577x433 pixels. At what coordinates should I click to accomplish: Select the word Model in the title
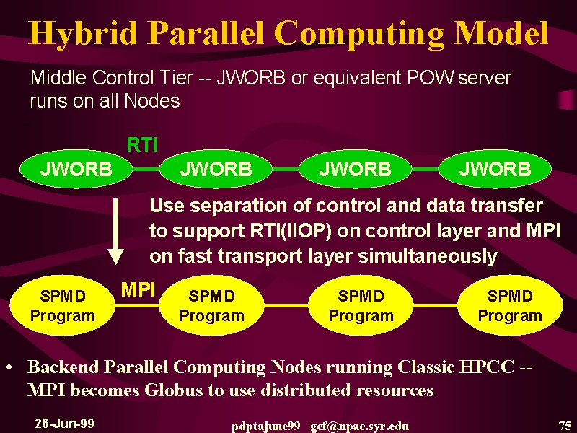click(x=501, y=32)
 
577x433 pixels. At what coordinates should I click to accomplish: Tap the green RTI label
click(x=142, y=145)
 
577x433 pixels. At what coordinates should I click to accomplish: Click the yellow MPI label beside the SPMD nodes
click(x=138, y=290)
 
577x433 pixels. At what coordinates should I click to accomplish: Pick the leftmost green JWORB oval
click(x=76, y=169)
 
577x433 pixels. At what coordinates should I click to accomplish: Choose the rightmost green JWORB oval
click(x=495, y=169)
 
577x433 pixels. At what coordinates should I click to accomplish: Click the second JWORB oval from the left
click(x=216, y=169)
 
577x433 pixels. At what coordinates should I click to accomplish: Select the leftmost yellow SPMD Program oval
click(x=63, y=305)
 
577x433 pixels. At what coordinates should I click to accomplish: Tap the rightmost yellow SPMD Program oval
click(x=510, y=305)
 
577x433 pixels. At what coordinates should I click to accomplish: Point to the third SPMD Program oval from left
click(x=361, y=305)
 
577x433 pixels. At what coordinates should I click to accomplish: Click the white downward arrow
click(x=115, y=231)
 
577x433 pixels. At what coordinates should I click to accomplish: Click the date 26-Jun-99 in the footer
click(x=64, y=424)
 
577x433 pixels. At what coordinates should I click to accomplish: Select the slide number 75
click(x=565, y=426)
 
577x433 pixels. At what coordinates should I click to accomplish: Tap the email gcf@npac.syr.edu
click(x=359, y=427)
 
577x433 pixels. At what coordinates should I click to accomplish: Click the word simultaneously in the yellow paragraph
click(x=428, y=256)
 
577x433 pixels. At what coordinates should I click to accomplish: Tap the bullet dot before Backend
click(x=10, y=367)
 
